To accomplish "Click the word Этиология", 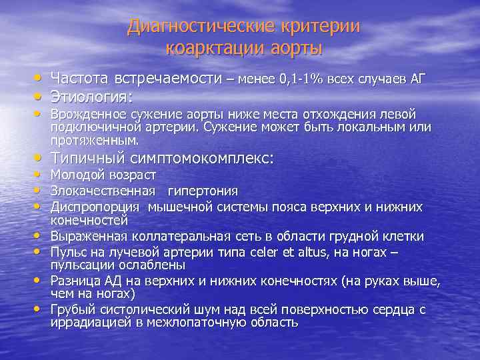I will (x=89, y=97).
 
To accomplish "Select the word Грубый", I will (x=72, y=310).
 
